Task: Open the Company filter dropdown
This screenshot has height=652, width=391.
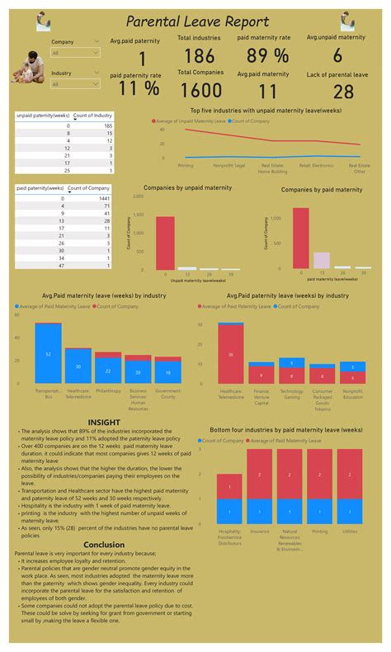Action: pyautogui.click(x=75, y=53)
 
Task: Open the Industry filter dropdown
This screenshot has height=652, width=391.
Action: pyautogui.click(x=75, y=84)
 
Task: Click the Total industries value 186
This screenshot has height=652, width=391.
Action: pyautogui.click(x=199, y=56)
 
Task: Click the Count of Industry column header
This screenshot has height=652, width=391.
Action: pyautogui.click(x=92, y=116)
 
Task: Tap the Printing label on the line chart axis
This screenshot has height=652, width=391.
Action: pyautogui.click(x=186, y=165)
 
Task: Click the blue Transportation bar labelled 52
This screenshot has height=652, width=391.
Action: pyautogui.click(x=49, y=354)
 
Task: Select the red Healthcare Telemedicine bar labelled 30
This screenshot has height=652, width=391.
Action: pyautogui.click(x=230, y=355)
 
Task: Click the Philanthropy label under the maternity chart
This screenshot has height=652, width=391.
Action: pyautogui.click(x=108, y=390)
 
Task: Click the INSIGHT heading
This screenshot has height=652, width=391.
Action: pyautogui.click(x=104, y=421)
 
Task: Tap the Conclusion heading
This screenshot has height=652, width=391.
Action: pyautogui.click(x=104, y=544)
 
